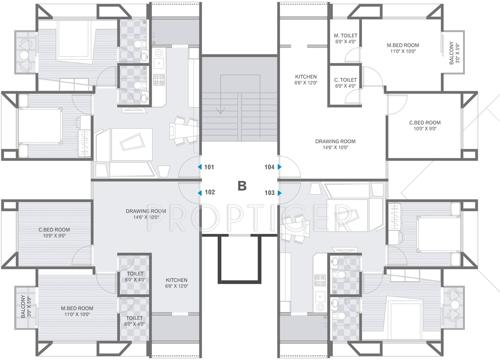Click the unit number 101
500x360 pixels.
209,167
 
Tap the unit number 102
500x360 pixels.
209,191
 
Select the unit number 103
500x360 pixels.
269,191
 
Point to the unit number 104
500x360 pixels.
269,167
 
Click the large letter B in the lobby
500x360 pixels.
240,184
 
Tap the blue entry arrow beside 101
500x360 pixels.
196,167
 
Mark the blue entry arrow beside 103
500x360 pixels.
282,191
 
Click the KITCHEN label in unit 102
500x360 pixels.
176,283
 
